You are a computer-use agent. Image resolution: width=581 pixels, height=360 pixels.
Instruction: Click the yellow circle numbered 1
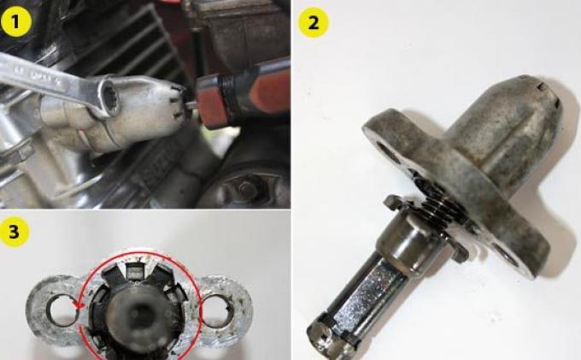tap(16, 21)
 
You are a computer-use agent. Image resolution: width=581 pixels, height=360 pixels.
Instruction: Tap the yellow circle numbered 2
tap(314, 23)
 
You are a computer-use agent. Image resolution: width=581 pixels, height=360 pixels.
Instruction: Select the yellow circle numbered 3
tap(15, 232)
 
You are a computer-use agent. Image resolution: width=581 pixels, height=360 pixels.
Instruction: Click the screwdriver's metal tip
tap(191, 106)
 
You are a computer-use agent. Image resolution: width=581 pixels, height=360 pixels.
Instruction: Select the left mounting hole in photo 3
tap(60, 310)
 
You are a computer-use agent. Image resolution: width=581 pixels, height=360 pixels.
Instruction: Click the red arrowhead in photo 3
tap(79, 305)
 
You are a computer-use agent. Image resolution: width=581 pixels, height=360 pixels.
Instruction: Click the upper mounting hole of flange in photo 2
tap(385, 151)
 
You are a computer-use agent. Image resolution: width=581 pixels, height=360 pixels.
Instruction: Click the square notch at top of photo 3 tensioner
tap(134, 270)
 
